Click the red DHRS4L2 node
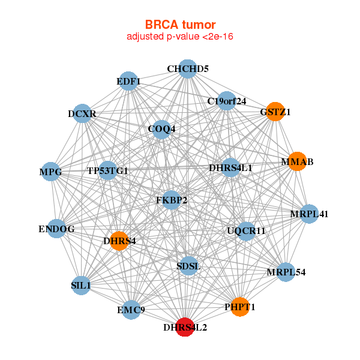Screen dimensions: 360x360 click(185, 327)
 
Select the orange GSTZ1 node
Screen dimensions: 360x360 click(275, 112)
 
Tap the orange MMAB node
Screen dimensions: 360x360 click(298, 161)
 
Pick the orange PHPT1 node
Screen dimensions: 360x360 click(240, 307)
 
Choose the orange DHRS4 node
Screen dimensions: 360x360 click(119, 241)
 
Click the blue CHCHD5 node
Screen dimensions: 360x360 click(188, 69)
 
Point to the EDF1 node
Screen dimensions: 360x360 click(128, 81)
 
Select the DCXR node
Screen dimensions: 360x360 click(82, 113)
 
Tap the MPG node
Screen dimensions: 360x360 click(51, 172)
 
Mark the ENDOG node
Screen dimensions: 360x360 click(57, 229)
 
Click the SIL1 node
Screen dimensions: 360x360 click(81, 286)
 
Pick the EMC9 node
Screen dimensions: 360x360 click(131, 310)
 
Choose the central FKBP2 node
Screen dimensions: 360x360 click(171, 200)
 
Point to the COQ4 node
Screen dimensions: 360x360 click(161, 130)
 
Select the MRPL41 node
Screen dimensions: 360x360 click(309, 214)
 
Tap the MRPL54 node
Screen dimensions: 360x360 click(286, 272)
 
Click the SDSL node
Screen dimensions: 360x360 click(189, 266)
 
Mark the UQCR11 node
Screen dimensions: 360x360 click(246, 231)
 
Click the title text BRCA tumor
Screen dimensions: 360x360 click(180, 25)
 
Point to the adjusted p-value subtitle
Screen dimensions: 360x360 click(180, 37)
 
